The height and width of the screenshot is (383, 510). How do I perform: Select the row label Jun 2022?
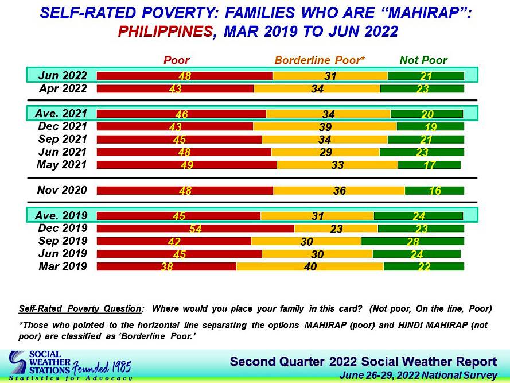point(63,75)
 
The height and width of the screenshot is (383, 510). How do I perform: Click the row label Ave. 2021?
point(63,114)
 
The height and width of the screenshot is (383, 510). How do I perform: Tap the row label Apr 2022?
point(63,88)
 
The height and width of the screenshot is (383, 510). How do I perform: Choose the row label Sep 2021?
point(63,139)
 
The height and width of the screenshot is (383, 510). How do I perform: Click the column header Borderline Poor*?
point(320,60)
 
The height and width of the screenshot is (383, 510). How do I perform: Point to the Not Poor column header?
point(424,60)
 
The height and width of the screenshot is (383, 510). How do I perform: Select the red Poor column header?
point(177,60)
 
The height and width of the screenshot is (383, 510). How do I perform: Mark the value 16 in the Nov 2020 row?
point(435,191)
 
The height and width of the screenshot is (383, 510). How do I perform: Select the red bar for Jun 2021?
point(184,152)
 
